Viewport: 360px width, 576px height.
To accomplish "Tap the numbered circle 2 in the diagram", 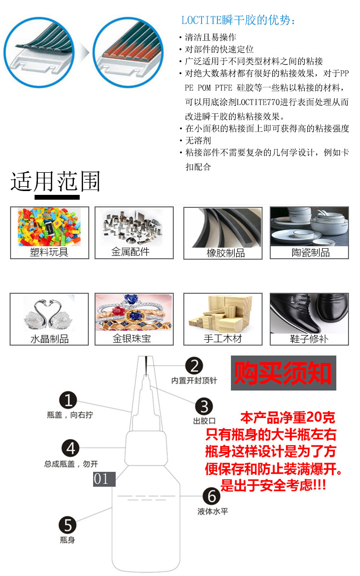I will point(194,366).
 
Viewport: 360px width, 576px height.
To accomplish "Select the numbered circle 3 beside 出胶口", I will point(204,407).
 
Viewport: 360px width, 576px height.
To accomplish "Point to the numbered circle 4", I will point(71,449).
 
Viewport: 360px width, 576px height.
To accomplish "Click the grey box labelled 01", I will point(104,479).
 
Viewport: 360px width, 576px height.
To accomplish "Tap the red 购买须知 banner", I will point(283,373).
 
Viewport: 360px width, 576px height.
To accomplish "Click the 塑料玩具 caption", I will point(49,252).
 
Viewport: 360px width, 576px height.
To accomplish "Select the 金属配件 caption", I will point(131,252).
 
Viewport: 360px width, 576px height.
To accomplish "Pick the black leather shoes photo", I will point(309,313).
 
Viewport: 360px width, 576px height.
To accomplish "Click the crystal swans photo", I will point(49,313).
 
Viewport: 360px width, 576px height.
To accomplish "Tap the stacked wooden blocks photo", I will point(222,313).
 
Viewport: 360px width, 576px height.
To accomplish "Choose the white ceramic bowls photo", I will point(309,227).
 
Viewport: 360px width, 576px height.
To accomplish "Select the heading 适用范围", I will point(56,182).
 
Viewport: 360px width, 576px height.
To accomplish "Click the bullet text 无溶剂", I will point(198,141).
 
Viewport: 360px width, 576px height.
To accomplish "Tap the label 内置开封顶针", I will point(194,381).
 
